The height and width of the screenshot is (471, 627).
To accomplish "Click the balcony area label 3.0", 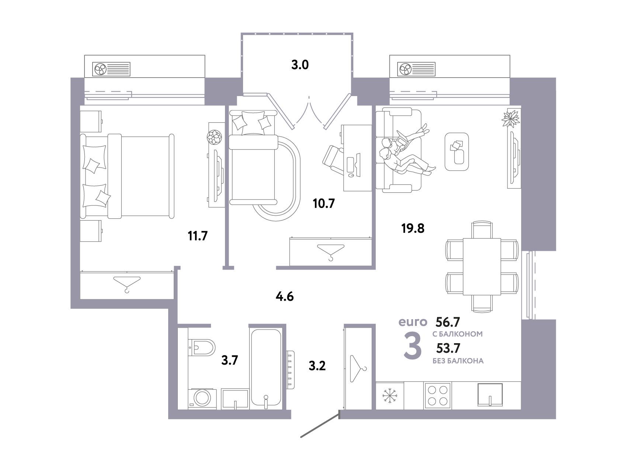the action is (x=300, y=65).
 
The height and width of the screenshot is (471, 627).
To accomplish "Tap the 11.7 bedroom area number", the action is (x=198, y=235).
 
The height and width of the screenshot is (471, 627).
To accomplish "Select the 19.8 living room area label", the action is (x=413, y=229).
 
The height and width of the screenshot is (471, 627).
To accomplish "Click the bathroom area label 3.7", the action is (x=229, y=359).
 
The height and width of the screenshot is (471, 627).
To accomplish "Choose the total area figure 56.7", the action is (x=448, y=322).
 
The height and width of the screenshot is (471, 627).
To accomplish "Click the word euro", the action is (x=413, y=322).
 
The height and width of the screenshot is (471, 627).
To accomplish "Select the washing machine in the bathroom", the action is (x=201, y=398).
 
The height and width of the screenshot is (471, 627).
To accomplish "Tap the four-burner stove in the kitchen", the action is (x=438, y=395).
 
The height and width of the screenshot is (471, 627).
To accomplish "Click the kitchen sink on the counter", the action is (x=490, y=395).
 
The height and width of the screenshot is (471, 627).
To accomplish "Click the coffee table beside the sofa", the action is (x=457, y=152).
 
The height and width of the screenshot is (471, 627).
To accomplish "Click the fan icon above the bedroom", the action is (x=100, y=69).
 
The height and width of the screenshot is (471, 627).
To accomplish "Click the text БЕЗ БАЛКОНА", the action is (x=458, y=361).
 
